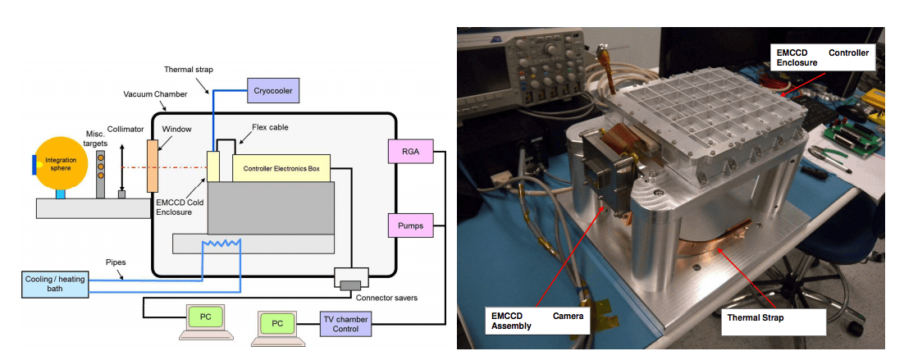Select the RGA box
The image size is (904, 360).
(x=409, y=151)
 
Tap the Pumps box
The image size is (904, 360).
(x=409, y=224)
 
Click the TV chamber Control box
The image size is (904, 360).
(x=345, y=323)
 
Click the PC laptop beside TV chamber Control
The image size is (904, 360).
(x=277, y=323)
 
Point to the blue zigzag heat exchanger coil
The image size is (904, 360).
(x=221, y=244)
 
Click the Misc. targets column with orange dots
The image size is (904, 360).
(x=101, y=174)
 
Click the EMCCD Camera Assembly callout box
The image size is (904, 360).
(x=536, y=321)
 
